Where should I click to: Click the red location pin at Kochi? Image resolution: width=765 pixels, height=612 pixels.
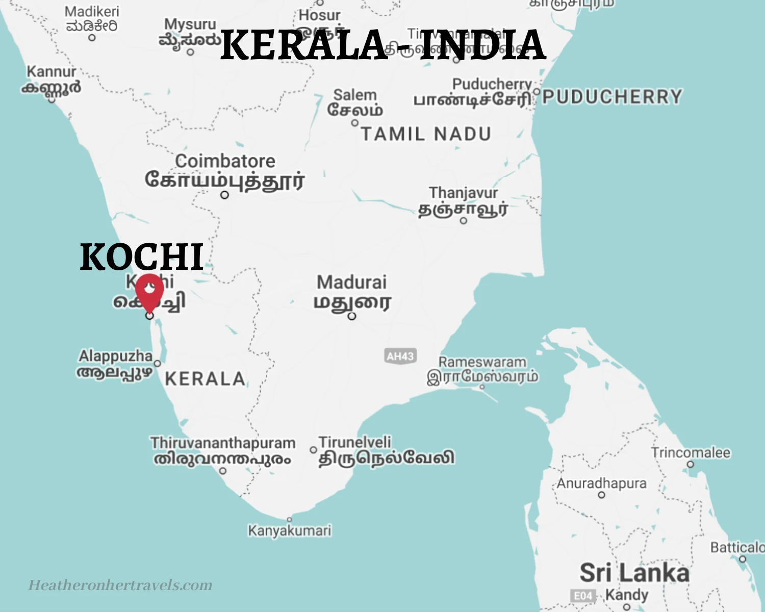click(x=149, y=291)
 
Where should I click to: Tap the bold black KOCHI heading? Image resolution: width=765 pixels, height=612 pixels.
click(x=142, y=257)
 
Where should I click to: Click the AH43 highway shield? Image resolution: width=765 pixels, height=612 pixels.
click(x=400, y=356)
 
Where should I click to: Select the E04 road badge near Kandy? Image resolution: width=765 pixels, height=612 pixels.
click(x=583, y=596)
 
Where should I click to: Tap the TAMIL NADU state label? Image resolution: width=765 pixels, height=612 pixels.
click(x=426, y=134)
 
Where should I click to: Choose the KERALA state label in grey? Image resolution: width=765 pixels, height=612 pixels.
click(x=205, y=379)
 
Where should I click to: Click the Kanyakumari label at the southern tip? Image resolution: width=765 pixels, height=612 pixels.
click(x=290, y=531)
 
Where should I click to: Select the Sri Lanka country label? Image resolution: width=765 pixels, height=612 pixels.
click(x=634, y=573)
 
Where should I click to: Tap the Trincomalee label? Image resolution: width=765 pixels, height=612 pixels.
click(x=691, y=452)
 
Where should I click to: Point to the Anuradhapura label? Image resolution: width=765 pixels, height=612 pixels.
click(x=601, y=483)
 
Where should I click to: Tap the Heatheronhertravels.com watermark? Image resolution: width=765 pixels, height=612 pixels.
click(x=120, y=585)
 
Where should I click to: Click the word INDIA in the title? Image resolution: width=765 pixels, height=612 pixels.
click(x=482, y=45)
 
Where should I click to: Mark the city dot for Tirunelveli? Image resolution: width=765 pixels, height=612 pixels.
click(x=313, y=450)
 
